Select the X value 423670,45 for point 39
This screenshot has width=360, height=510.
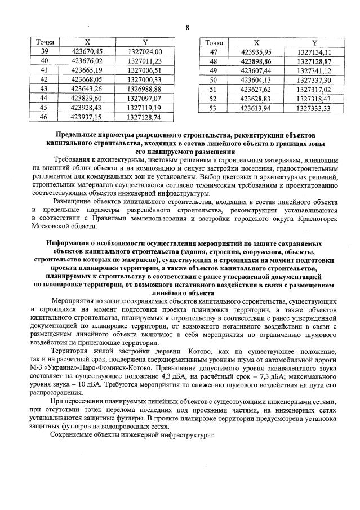point(86,51)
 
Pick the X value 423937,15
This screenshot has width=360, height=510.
point(86,117)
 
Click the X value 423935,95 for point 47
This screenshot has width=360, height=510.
point(256,51)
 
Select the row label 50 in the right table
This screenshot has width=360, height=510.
point(213,80)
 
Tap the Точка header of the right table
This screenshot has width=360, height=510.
point(214,42)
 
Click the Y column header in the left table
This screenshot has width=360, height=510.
point(145,42)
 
